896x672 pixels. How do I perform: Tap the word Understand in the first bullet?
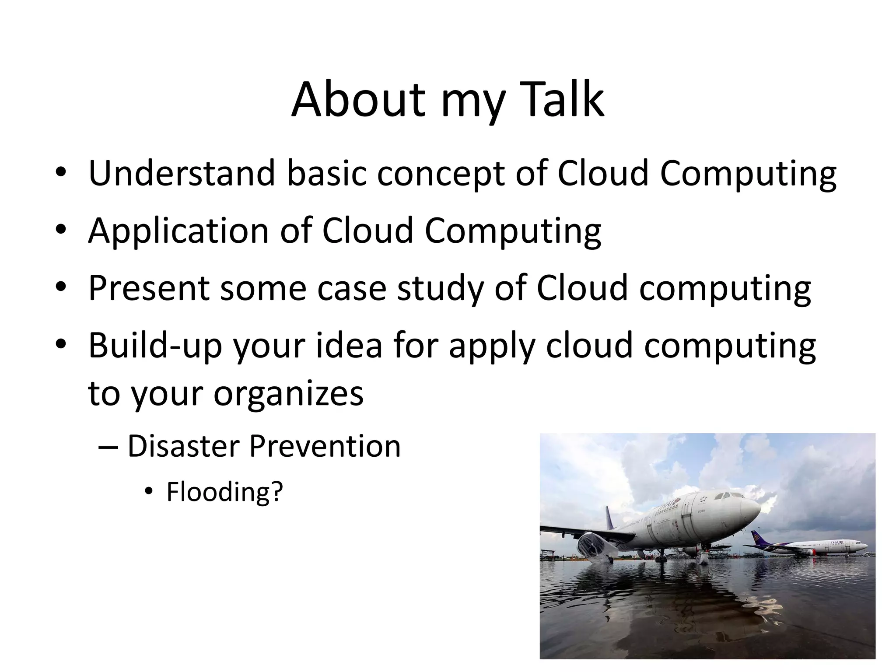[182, 173]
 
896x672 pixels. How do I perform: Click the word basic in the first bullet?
[326, 173]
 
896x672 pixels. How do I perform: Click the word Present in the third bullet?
[149, 288]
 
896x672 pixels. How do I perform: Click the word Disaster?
[183, 447]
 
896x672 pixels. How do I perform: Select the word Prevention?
[325, 447]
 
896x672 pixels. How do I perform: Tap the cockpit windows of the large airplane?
[730, 496]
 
